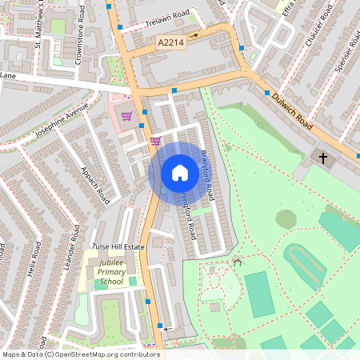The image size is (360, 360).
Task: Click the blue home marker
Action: tap(179, 173)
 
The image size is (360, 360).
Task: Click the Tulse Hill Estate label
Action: tap(118, 246)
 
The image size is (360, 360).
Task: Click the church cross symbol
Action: tap(324, 158)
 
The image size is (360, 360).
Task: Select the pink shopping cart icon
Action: tap(155, 141)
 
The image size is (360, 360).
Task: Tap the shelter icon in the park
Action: tap(237, 262)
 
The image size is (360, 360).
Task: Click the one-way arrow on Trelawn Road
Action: tap(194, 34)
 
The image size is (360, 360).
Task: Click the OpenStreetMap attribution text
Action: tap(80, 354)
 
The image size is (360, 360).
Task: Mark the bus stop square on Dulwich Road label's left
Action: tap(266, 94)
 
